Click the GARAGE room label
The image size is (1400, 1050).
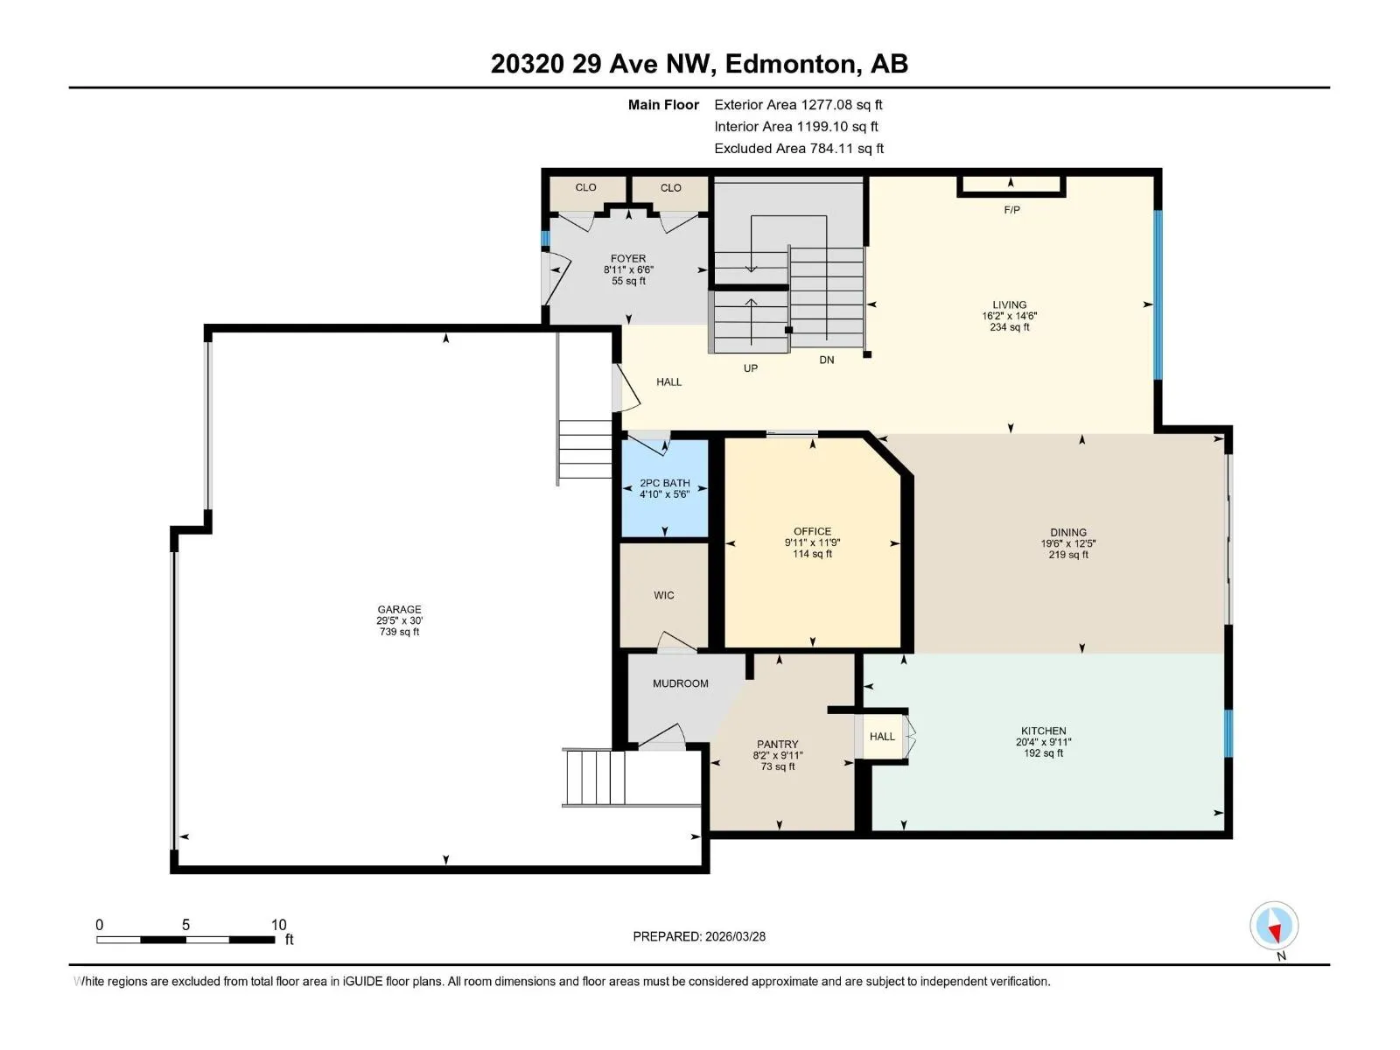point(399,609)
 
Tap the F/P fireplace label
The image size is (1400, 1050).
point(1011,210)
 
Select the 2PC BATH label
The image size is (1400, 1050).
point(665,483)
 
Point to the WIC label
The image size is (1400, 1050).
point(663,595)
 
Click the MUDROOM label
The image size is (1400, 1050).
point(680,682)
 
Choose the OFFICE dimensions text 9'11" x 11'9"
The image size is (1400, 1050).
point(812,542)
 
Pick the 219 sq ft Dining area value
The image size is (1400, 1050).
point(1067,555)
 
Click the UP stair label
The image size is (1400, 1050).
point(750,367)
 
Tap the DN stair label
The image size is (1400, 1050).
point(826,360)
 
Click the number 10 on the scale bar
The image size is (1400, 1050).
point(279,924)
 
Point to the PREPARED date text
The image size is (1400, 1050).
point(699,936)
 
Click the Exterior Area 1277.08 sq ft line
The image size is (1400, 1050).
point(798,104)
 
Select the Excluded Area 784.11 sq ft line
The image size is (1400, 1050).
point(799,149)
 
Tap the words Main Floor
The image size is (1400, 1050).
point(663,104)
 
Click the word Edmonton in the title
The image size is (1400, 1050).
point(789,64)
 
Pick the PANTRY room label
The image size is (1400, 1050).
point(777,744)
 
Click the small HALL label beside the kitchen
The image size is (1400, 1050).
point(882,737)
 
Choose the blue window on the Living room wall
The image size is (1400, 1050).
point(1158,295)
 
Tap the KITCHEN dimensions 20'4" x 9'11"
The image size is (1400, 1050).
point(1043,742)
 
